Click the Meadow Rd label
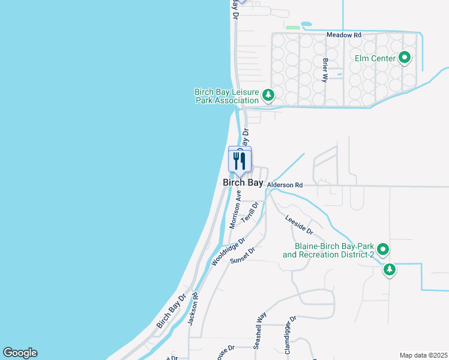tap(344, 35)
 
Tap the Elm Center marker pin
tap(405, 58)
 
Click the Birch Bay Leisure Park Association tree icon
tap(269, 94)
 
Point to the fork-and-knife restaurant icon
tap(240, 160)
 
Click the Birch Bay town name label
tap(243, 183)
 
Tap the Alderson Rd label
tap(285, 185)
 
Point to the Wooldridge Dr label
tap(229, 252)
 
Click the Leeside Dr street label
tap(299, 225)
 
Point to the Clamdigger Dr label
tap(290, 335)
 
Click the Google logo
tap(20, 353)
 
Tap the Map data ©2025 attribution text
tap(423, 355)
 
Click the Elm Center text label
tap(375, 58)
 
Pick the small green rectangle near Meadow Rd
tap(293, 27)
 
